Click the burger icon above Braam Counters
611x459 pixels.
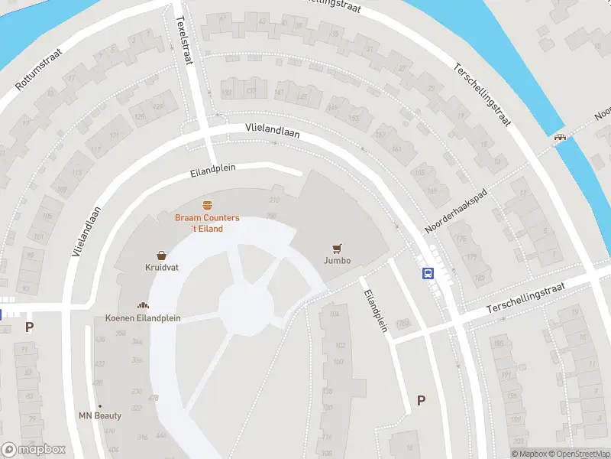coord(207,205)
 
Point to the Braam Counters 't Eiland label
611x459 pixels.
coord(207,223)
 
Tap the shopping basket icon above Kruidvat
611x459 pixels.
coord(162,256)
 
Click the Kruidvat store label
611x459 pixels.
coord(162,269)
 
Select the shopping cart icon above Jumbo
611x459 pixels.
coord(337,248)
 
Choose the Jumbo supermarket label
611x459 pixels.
coord(337,261)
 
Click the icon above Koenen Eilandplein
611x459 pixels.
coord(142,305)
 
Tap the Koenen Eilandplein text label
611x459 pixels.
coord(142,318)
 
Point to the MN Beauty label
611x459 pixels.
coord(100,415)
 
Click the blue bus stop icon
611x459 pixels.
coord(428,273)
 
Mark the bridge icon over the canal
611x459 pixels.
coord(561,138)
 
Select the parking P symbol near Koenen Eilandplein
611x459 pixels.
coord(30,327)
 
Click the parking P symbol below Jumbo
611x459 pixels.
coord(421,400)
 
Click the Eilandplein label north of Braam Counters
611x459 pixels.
coord(215,170)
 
